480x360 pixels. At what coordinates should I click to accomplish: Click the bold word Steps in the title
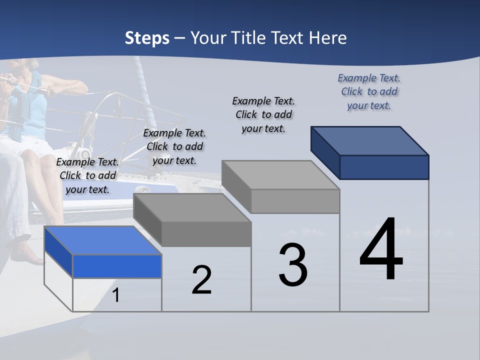coord(147,38)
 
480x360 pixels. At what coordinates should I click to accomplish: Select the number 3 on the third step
coord(293,265)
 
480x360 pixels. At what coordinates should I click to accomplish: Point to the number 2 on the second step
coord(201,280)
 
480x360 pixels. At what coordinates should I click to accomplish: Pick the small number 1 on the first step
coord(116,295)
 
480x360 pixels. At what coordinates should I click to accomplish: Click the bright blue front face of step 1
coord(117,266)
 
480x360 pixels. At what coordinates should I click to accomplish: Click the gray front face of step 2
coord(206,234)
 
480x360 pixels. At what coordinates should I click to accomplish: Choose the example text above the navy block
coord(369,92)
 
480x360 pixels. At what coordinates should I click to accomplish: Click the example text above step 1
coord(87,175)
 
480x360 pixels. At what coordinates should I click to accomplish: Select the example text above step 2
coord(174,146)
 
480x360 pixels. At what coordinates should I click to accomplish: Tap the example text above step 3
coord(263,114)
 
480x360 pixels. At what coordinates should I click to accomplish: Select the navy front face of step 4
coord(384,167)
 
